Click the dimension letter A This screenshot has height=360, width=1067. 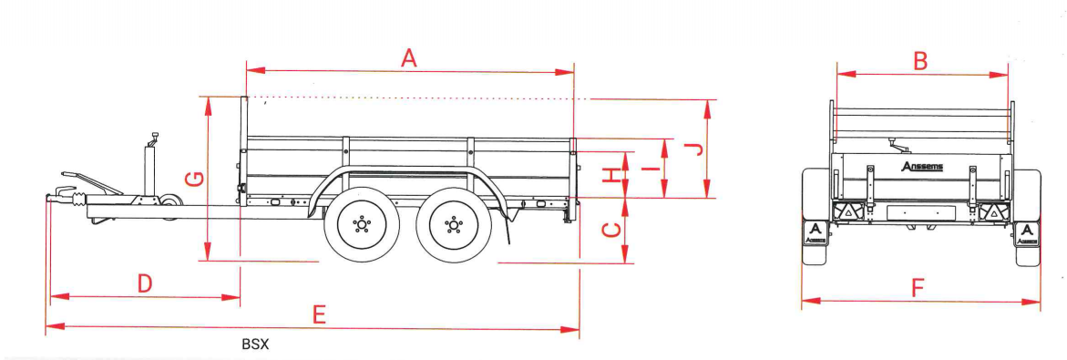point(408,57)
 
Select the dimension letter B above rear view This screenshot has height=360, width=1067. point(920,61)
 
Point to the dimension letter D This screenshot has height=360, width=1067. point(144,283)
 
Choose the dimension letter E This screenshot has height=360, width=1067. point(318,315)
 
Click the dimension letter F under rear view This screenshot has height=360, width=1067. point(918,289)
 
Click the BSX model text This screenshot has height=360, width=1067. point(255,345)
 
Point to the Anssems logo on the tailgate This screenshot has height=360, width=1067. point(921,167)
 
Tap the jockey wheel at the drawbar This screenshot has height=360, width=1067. point(168,208)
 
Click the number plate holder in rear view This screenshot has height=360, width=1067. point(920,212)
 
